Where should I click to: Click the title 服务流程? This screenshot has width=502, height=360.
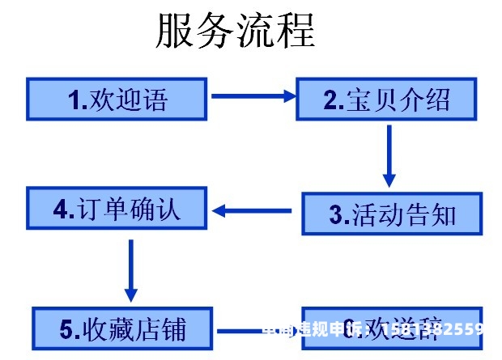coord(235,30)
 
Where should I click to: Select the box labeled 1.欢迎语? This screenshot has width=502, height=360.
coord(117,99)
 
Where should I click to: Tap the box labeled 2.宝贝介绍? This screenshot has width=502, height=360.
coord(387,99)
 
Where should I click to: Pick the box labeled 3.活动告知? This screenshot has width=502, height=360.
coord(392,214)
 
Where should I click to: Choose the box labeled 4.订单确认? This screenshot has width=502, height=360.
coord(117,210)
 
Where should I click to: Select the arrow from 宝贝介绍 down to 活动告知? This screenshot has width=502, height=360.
coord(389,155)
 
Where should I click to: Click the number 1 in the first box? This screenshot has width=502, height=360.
coord(74,100)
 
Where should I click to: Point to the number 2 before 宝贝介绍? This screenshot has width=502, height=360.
coord(330,100)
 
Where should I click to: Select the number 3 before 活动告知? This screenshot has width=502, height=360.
coord(336,214)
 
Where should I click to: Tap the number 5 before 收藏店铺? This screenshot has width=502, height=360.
coord(67,329)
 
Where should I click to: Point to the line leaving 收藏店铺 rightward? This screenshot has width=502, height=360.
coord(239,330)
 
